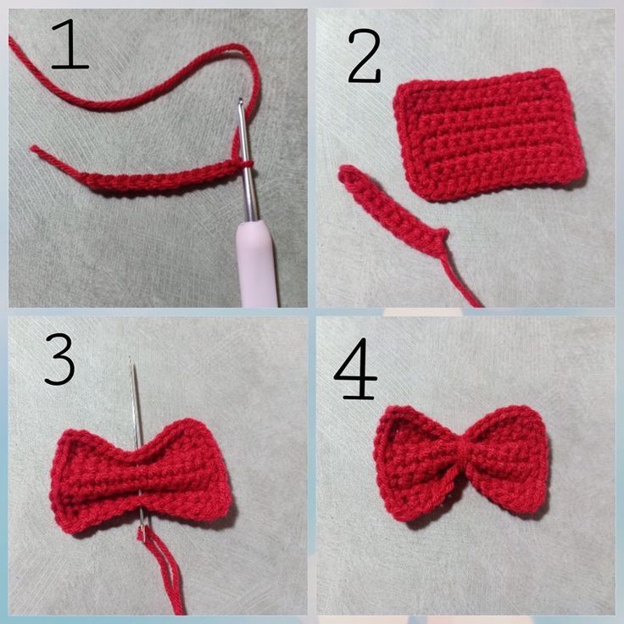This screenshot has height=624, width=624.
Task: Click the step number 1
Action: point(70,45)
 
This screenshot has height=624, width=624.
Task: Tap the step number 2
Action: point(364,56)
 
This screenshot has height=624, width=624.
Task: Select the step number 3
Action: point(59,359)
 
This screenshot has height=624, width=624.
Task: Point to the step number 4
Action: point(356,368)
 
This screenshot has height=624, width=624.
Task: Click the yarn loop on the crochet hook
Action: point(247,164)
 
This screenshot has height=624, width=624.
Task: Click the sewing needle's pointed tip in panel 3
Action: point(131,359)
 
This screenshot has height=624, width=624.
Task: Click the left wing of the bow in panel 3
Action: point(93,480)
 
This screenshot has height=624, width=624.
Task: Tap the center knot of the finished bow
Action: point(461,461)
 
